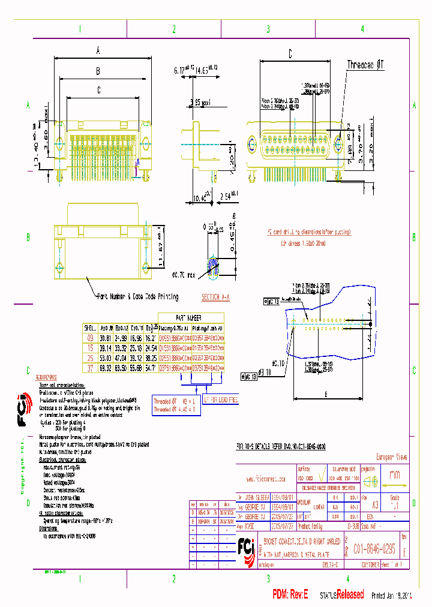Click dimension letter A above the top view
[97, 51]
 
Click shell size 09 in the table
[91, 338]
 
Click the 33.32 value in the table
[121, 347]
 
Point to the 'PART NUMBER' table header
[188, 318]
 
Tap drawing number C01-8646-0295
[374, 548]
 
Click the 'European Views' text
[391, 457]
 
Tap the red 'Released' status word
[349, 594]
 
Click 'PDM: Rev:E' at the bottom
[290, 594]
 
